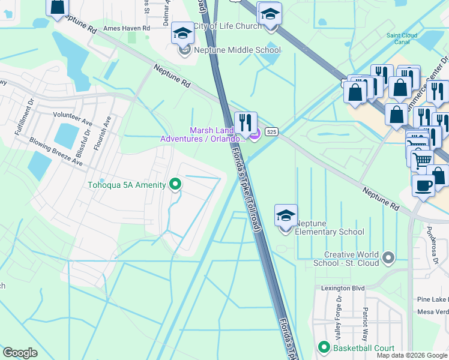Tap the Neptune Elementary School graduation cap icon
click(x=286, y=215)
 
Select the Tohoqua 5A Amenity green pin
click(x=175, y=184)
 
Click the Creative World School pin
click(x=388, y=258)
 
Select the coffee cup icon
click(x=423, y=185)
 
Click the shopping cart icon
click(x=423, y=160)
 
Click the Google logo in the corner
click(x=20, y=353)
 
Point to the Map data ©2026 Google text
click(x=412, y=355)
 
